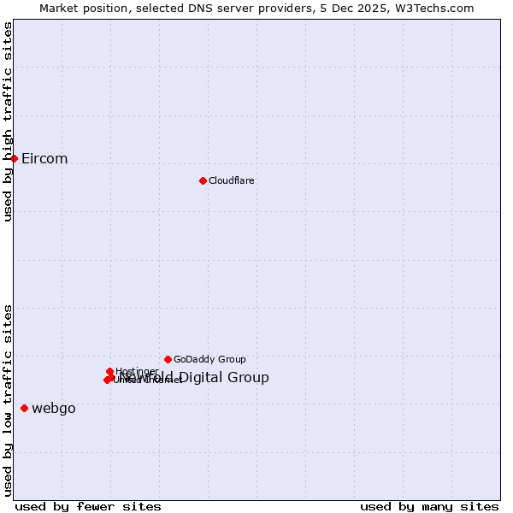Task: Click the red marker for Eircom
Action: click(x=14, y=158)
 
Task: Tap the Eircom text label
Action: click(x=44, y=159)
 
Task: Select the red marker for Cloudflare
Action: click(x=203, y=180)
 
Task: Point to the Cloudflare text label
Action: click(x=231, y=181)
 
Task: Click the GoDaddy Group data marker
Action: click(x=168, y=359)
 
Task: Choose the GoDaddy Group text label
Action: click(x=209, y=360)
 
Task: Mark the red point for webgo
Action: click(x=24, y=409)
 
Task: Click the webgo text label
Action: click(x=54, y=409)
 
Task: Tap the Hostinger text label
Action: click(x=136, y=372)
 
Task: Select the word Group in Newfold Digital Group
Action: click(x=249, y=378)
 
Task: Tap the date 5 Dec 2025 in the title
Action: click(x=357, y=9)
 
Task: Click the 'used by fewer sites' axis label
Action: click(x=88, y=506)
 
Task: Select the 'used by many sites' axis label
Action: click(x=429, y=506)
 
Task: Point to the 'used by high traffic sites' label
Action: click(x=9, y=121)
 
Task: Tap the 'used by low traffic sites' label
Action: click(x=9, y=400)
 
